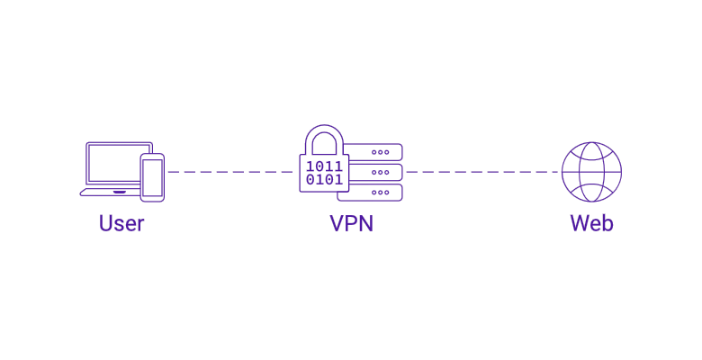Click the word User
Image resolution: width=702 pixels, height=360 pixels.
(x=121, y=223)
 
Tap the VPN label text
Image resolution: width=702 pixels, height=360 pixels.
(x=351, y=223)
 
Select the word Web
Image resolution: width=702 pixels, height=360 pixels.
(x=591, y=223)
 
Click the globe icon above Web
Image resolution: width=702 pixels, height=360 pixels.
(x=591, y=171)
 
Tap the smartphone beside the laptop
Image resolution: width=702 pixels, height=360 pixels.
(x=152, y=177)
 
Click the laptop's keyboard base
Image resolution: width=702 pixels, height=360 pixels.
(x=108, y=192)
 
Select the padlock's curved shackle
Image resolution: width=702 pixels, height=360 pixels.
(x=324, y=137)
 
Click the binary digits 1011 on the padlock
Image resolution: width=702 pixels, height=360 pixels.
(x=324, y=166)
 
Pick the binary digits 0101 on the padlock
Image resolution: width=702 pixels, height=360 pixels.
(x=324, y=179)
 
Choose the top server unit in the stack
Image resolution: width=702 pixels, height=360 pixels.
(x=375, y=152)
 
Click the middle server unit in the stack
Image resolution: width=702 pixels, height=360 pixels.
(x=376, y=172)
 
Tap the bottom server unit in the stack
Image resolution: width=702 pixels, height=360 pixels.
(x=376, y=193)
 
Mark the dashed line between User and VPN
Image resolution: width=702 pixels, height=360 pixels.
(x=229, y=171)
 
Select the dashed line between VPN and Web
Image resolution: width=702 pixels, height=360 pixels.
(x=481, y=171)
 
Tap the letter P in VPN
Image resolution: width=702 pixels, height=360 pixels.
(x=351, y=223)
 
